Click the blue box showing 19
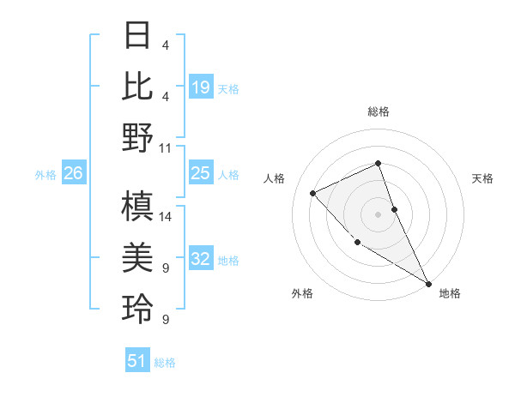click(201, 87)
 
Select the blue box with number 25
click(201, 174)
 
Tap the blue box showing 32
click(201, 260)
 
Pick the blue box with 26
click(74, 174)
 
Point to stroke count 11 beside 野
click(167, 147)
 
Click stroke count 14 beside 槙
click(167, 217)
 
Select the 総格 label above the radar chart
click(378, 111)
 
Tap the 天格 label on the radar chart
click(482, 178)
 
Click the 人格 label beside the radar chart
click(275, 178)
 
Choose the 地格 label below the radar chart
click(450, 293)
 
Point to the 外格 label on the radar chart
click(302, 293)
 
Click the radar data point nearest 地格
click(428, 282)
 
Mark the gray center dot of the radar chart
click(378, 214)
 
